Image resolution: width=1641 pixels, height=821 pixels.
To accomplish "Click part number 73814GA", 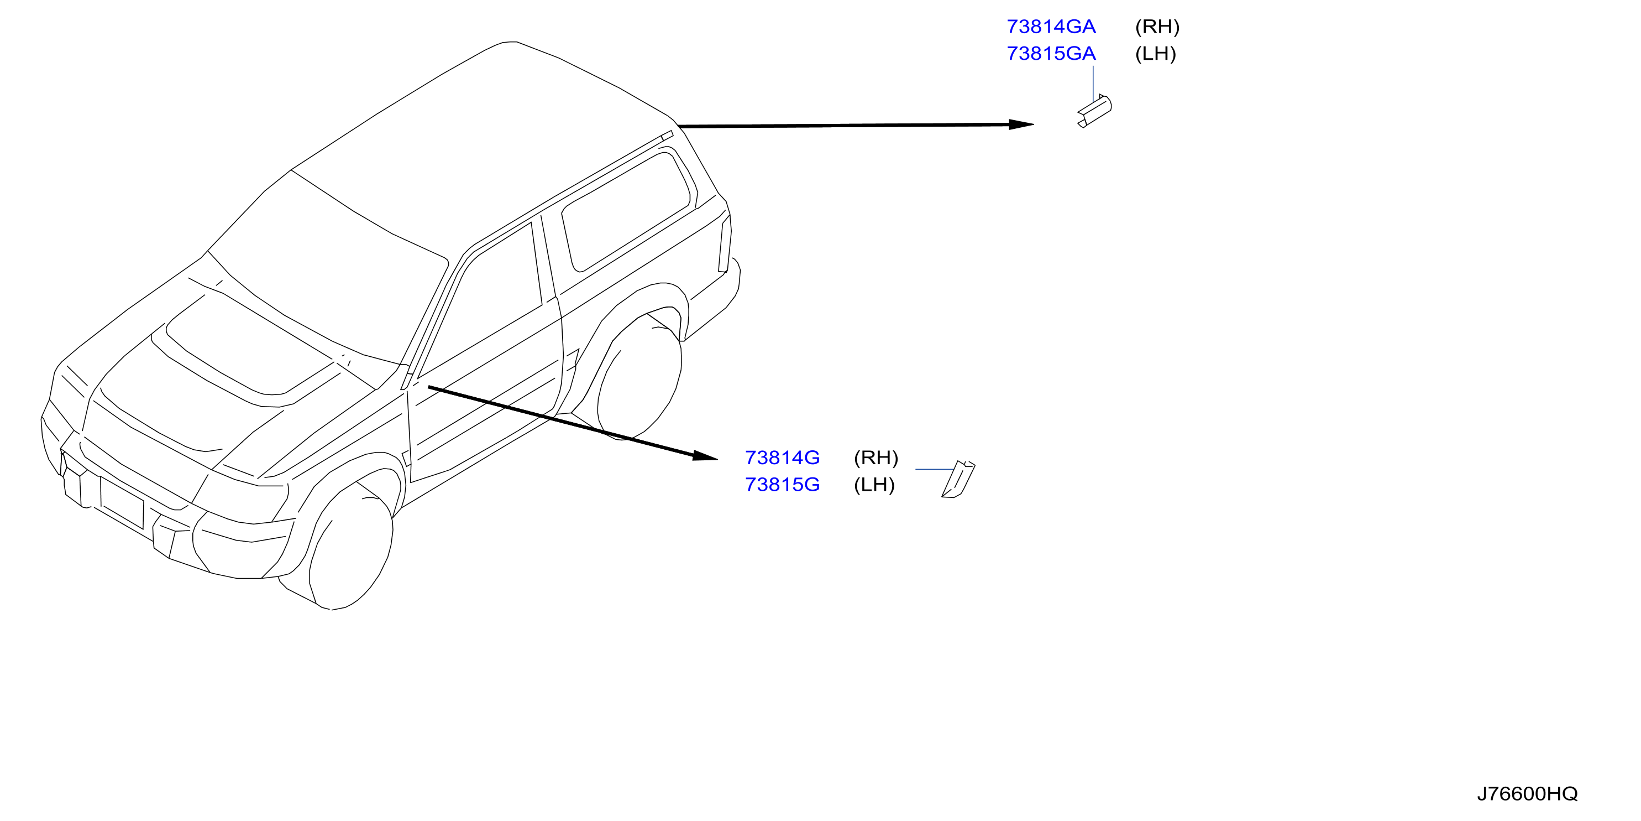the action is [x=1051, y=27].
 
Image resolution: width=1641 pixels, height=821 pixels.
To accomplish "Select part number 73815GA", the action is [x=1051, y=54].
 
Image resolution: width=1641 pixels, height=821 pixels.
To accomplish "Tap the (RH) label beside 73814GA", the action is [x=1157, y=27].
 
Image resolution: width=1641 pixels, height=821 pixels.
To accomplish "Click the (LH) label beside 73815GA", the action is [x=1156, y=54].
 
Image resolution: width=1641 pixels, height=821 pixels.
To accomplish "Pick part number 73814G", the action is [x=782, y=458].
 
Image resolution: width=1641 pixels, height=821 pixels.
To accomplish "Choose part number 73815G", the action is [x=782, y=485].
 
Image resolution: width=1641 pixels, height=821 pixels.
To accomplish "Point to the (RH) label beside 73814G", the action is [x=876, y=458].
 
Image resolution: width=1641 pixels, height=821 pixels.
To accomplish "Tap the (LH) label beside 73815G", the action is [x=874, y=485].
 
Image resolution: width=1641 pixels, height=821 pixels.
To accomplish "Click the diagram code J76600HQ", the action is [x=1528, y=793].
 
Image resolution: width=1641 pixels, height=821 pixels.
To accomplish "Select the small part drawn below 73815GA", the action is [x=1094, y=111].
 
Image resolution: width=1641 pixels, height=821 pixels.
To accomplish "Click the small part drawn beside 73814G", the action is [x=958, y=479].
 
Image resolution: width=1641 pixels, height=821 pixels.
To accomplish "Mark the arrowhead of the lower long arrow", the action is [x=705, y=456].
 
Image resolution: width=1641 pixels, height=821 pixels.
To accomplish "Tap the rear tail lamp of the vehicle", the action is [x=725, y=244].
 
